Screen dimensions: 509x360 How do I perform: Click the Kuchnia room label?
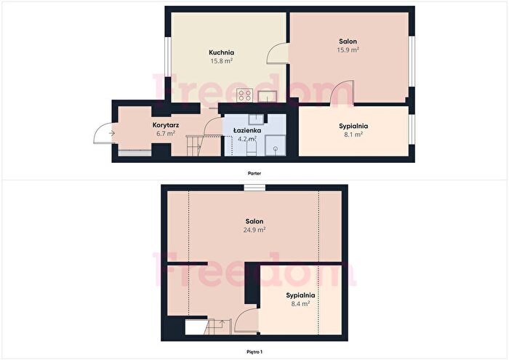click(x=221, y=52)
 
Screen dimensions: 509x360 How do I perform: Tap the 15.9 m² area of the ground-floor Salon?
click(x=348, y=50)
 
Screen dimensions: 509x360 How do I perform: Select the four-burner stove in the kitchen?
click(x=244, y=95)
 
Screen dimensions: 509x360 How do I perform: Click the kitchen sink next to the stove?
click(x=267, y=97)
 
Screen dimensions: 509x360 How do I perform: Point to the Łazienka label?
click(x=247, y=130)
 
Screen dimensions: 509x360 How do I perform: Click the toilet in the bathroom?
click(x=252, y=148)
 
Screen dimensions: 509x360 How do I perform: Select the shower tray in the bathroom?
click(x=276, y=145)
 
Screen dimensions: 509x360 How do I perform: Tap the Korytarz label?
click(x=166, y=125)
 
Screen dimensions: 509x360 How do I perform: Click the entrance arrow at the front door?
click(x=112, y=133)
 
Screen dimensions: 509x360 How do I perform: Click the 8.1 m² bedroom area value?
click(x=353, y=135)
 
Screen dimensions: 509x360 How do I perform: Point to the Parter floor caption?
click(x=254, y=173)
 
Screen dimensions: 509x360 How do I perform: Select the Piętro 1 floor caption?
click(x=254, y=352)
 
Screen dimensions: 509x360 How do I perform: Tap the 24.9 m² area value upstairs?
click(x=254, y=230)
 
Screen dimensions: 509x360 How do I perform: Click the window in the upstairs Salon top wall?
click(x=254, y=188)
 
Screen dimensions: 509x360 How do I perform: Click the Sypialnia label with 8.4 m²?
click(x=300, y=295)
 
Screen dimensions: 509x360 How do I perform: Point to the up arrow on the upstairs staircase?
click(x=222, y=323)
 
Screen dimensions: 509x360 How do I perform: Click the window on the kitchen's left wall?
click(x=168, y=57)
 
